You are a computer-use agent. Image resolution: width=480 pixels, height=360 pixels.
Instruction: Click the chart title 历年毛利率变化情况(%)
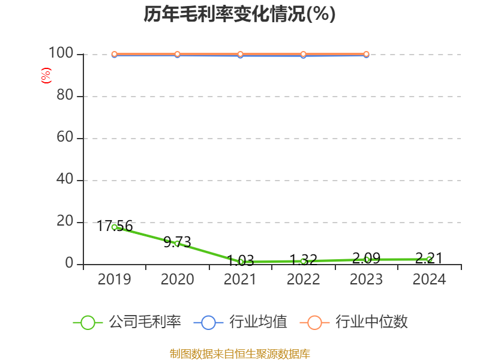[239, 14]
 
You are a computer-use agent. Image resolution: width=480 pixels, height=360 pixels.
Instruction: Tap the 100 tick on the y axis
[61, 54]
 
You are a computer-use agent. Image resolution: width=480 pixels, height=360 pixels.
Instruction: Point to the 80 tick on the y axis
[65, 96]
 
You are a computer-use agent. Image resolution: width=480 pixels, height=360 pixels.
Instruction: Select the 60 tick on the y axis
[65, 138]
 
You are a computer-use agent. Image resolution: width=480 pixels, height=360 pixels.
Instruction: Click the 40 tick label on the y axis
[65, 180]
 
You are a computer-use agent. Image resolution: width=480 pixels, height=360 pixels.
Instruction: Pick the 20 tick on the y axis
[65, 222]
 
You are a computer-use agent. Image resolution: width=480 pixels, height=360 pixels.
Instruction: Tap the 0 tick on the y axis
[69, 264]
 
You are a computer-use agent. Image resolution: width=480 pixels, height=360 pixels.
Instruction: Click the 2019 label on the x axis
[114, 280]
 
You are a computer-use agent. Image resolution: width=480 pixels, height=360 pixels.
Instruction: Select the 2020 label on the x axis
[177, 280]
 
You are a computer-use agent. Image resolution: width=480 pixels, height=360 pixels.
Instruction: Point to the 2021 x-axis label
[240, 280]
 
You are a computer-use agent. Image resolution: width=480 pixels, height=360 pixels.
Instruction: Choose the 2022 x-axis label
[303, 280]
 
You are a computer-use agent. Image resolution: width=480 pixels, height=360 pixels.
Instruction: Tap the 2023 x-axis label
[366, 280]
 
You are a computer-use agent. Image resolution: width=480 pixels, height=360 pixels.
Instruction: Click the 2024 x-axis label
[429, 280]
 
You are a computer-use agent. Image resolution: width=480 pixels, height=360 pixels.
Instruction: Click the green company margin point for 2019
[114, 227]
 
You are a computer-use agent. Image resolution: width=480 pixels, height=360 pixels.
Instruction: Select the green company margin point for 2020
[177, 243]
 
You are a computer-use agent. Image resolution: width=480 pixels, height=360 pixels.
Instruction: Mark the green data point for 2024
[429, 259]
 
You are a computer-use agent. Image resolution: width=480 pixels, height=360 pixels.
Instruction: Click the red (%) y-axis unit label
[46, 76]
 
